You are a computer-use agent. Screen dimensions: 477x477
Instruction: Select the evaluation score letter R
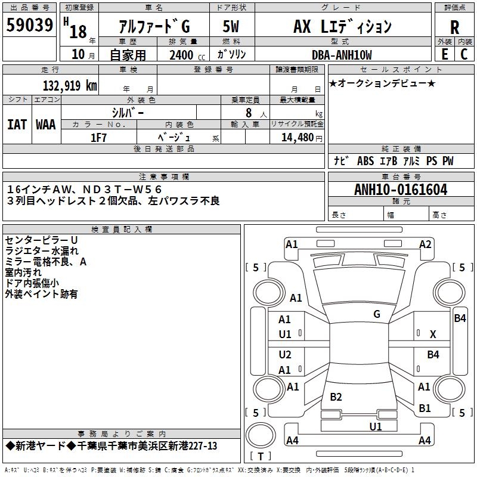click(454, 27)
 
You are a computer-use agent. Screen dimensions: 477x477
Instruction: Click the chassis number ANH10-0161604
click(401, 190)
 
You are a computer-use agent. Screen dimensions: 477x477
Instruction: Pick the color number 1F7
click(98, 137)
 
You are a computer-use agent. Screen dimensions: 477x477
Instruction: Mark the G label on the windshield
click(377, 314)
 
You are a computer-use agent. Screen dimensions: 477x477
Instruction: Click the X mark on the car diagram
click(433, 334)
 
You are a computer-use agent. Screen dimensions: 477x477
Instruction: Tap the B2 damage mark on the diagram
click(336, 397)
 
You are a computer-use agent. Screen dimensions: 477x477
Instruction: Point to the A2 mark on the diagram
click(425, 244)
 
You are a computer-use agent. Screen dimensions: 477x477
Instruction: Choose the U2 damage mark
click(285, 355)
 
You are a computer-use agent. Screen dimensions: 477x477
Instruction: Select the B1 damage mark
click(425, 408)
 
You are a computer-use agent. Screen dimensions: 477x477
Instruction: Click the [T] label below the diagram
click(259, 456)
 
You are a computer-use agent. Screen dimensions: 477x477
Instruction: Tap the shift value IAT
click(17, 125)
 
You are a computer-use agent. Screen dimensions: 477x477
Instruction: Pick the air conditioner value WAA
click(46, 125)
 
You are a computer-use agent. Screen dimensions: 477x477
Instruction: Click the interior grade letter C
click(464, 54)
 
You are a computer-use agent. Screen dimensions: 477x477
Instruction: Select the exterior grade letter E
click(444, 54)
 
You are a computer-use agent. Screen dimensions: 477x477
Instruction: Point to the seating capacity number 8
click(247, 112)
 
